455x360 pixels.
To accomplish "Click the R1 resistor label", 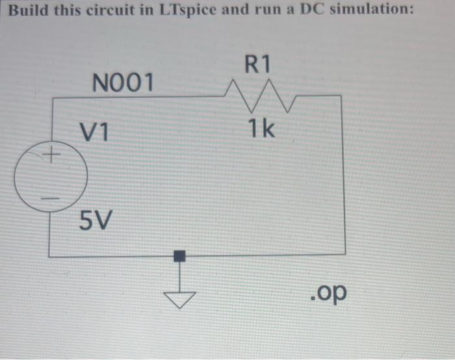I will [x=257, y=63].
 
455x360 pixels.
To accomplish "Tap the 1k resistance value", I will [x=261, y=129].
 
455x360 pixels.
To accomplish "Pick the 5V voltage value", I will [x=95, y=222].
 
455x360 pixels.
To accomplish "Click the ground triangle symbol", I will [x=179, y=298].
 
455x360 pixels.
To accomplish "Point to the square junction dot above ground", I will [x=179, y=256].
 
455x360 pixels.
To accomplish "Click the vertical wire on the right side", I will [x=344, y=175].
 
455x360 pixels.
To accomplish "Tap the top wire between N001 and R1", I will [x=136, y=97].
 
